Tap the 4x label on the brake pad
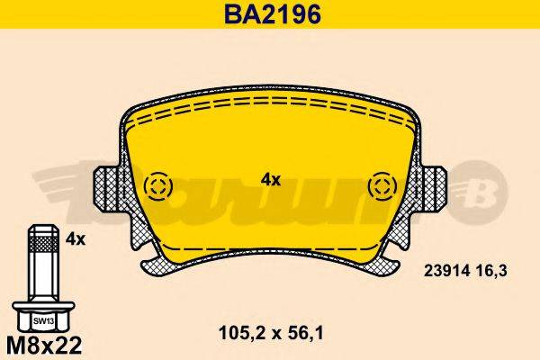click(x=271, y=179)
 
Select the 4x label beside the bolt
click(x=76, y=239)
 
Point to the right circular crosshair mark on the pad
click(x=382, y=187)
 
